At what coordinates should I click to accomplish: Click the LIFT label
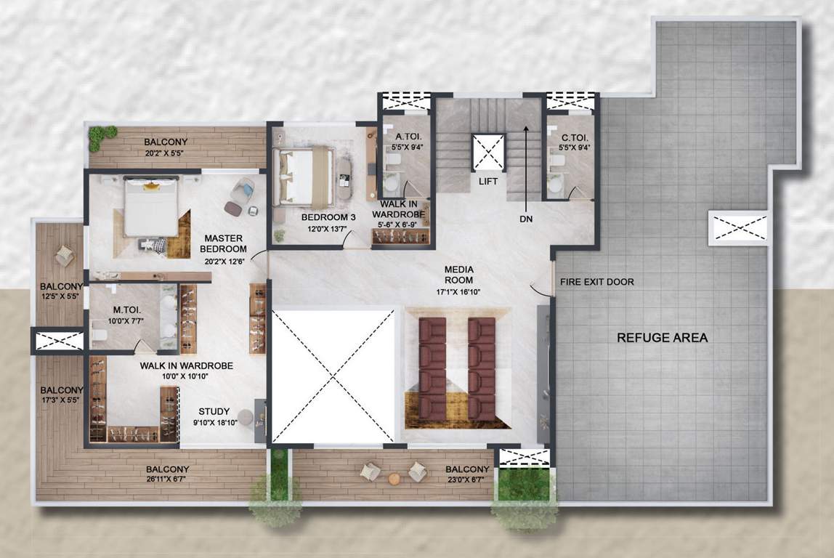click(488, 181)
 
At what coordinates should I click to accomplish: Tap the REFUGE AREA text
click(662, 337)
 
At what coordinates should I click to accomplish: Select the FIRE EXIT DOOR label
click(597, 282)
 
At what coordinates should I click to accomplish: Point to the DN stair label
click(526, 217)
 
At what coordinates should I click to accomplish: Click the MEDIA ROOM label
click(458, 275)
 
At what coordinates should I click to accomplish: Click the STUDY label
click(214, 411)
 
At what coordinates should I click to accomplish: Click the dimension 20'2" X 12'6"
click(223, 262)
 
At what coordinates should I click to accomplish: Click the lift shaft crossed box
click(488, 153)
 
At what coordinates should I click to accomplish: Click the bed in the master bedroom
click(151, 207)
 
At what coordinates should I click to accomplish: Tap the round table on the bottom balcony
click(394, 479)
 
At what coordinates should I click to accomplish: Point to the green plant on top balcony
click(102, 137)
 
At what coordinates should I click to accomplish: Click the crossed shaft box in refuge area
click(738, 228)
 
